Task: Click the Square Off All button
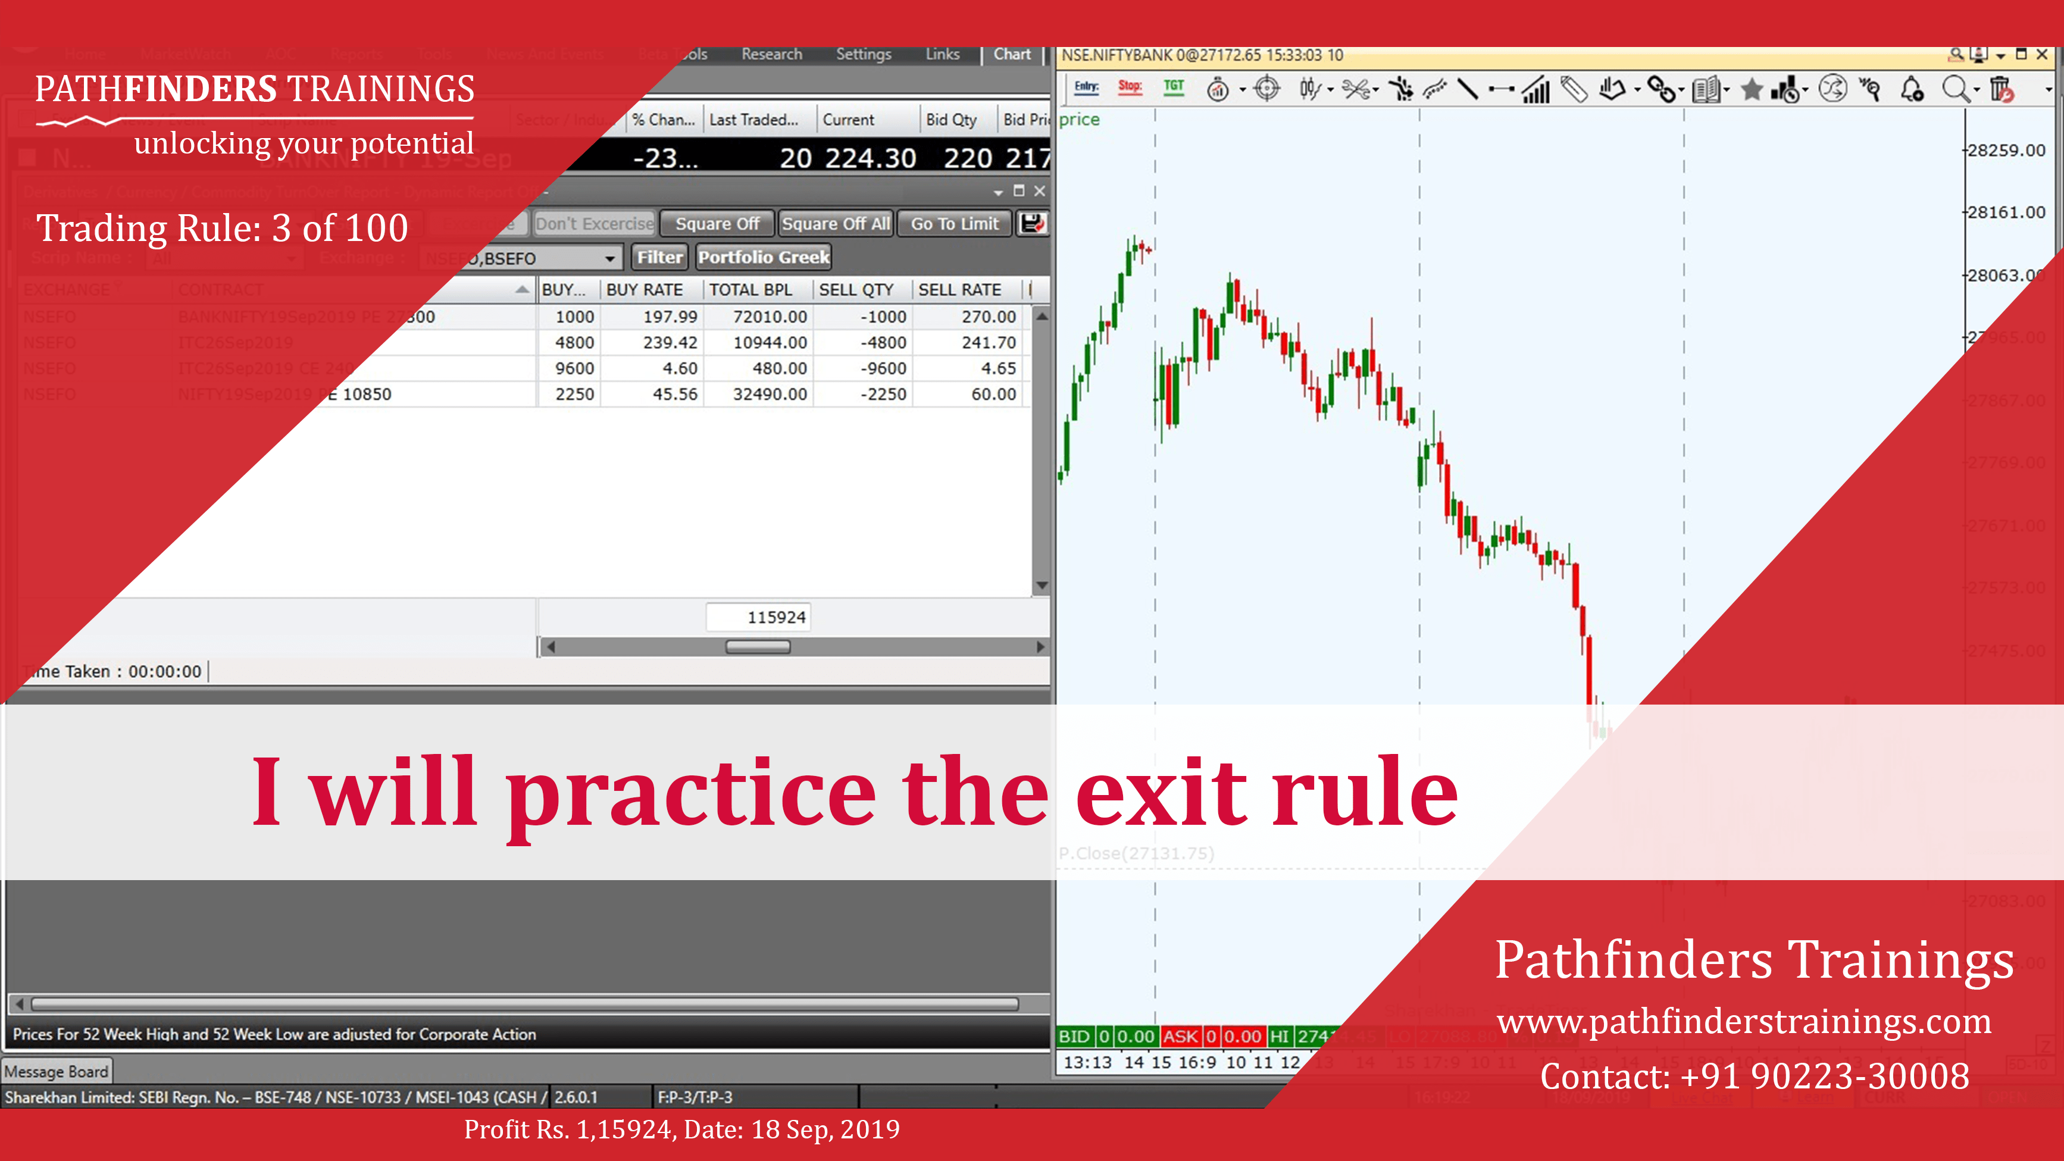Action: (836, 224)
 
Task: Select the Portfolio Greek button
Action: (764, 257)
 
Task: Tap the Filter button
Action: (659, 257)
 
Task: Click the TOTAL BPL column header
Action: (750, 290)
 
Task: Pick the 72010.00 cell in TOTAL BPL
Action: (769, 317)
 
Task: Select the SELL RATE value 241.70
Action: (988, 343)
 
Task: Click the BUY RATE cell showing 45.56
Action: (675, 394)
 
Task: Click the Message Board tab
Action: (56, 1071)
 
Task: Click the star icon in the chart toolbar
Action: (1752, 89)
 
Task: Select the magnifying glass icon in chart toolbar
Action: (1955, 89)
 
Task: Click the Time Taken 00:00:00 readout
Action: (116, 671)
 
